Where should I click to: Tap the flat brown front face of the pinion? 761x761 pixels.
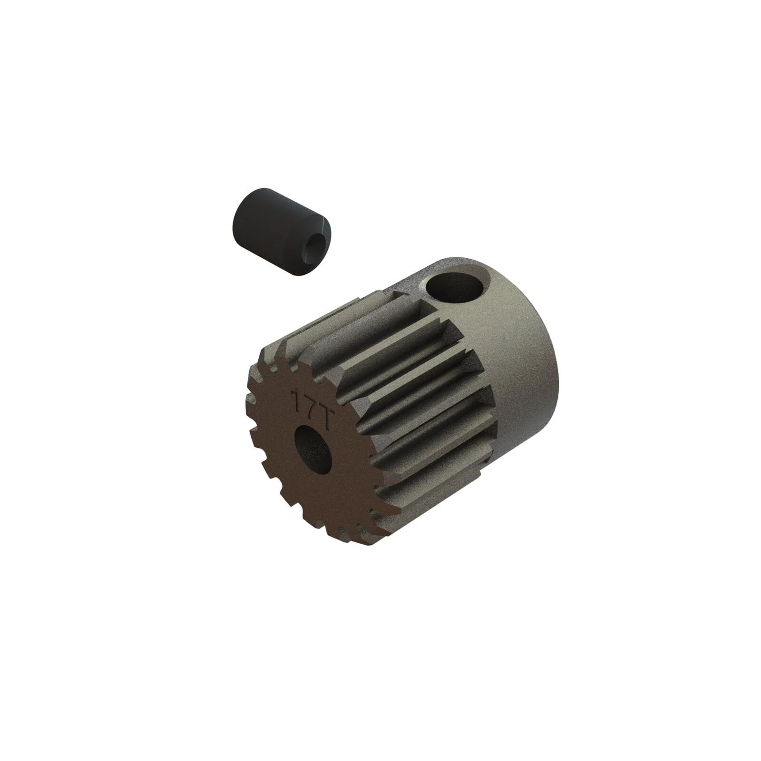[x=304, y=480]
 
